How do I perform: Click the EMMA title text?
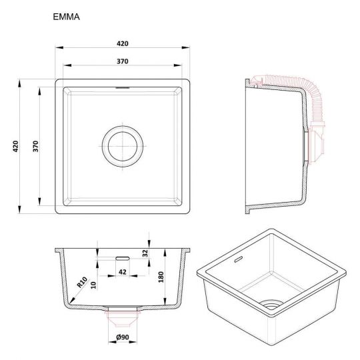coord(67,17)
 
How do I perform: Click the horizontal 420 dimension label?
coord(123,43)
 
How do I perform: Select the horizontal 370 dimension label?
coord(123,61)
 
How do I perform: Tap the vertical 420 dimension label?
coord(15,146)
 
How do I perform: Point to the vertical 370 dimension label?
coord(35,146)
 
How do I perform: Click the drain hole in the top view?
coord(123,146)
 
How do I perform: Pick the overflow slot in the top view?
coord(123,88)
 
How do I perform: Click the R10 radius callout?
coord(82,283)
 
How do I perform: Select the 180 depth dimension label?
coord(161,277)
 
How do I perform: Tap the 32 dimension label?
coord(145,253)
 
